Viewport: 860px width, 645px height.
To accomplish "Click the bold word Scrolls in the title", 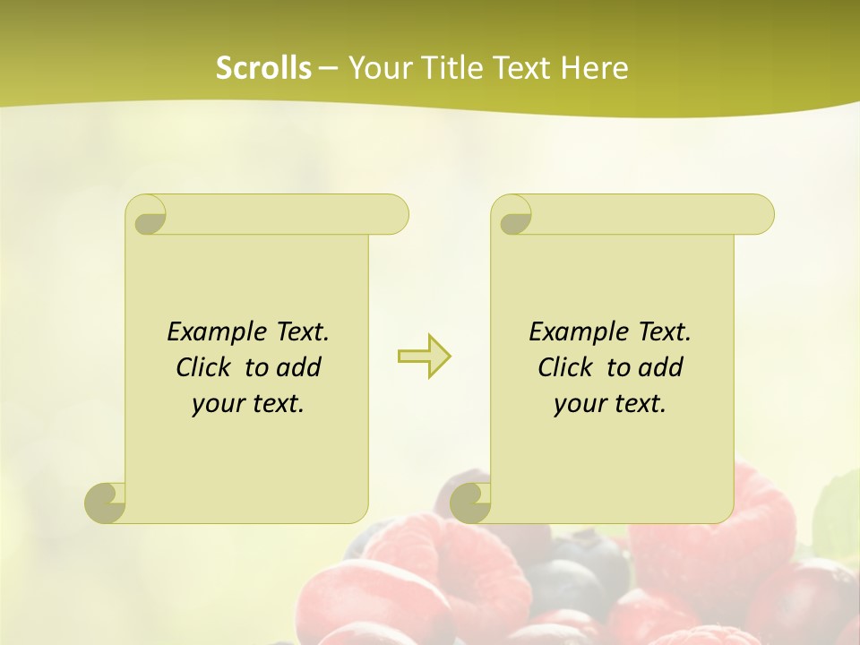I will click(x=263, y=68).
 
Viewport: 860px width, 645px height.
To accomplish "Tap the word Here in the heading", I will click(x=595, y=68).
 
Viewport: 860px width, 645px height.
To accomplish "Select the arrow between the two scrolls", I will click(x=424, y=357).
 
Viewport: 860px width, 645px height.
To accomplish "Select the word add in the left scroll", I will click(x=299, y=367).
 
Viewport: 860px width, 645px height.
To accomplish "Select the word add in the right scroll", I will click(x=661, y=367).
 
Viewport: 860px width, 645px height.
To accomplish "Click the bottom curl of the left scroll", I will click(x=106, y=503).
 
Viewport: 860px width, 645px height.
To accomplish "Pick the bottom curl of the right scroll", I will click(x=470, y=503).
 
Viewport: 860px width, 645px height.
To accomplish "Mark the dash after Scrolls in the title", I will click(x=328, y=68).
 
